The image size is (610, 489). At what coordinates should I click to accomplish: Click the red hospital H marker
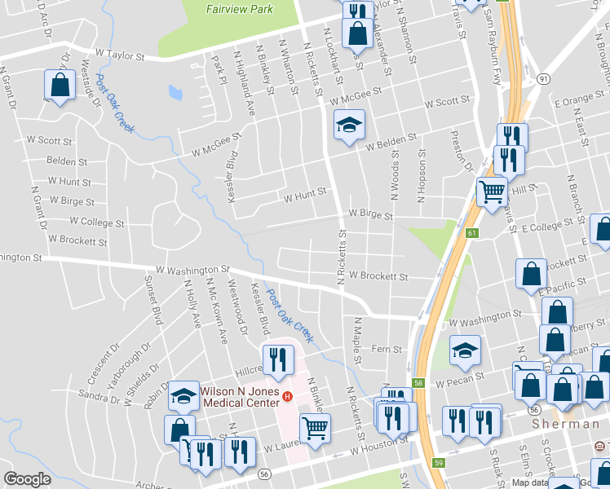287,397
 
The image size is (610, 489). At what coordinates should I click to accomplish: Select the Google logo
27,479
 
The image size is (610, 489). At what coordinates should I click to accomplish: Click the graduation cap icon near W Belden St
349,127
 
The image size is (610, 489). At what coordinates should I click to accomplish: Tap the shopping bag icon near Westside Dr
60,84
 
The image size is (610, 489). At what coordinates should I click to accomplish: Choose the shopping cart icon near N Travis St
493,192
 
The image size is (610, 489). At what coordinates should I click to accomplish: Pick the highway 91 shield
543,78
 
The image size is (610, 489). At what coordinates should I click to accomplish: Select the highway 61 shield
472,234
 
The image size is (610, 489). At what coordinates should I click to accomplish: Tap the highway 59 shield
439,462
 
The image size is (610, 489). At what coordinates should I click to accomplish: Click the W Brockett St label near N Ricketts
378,276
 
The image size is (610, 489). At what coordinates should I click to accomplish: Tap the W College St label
97,222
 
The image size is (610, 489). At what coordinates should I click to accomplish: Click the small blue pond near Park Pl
175,91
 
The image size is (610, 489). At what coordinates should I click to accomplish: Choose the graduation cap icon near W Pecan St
465,350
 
